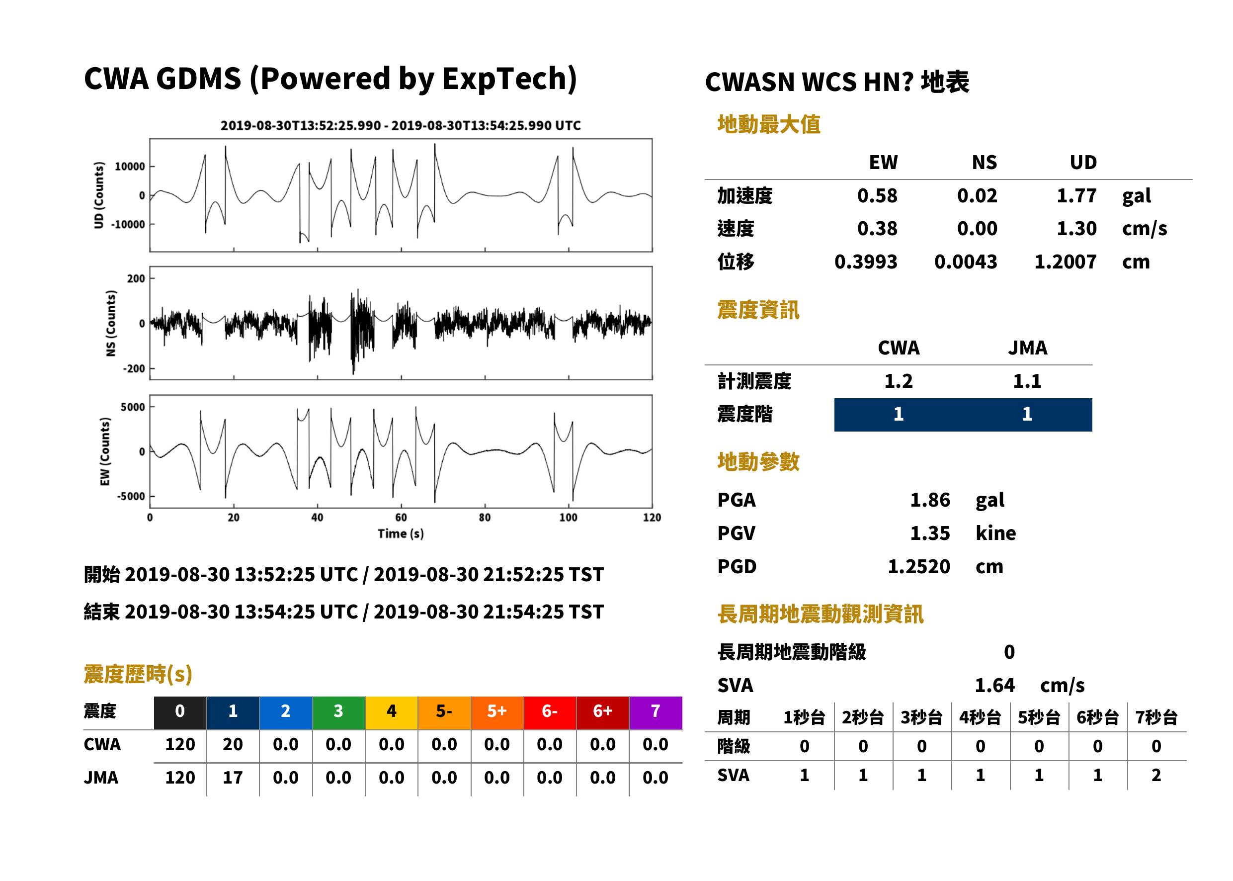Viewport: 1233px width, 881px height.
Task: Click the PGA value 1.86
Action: click(x=930, y=500)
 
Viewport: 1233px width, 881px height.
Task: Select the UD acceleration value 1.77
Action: click(x=1076, y=196)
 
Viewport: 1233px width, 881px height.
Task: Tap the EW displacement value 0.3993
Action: click(x=866, y=262)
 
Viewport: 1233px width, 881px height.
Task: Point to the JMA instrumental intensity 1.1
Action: click(x=1027, y=381)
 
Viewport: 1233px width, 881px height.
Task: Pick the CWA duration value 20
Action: click(x=233, y=744)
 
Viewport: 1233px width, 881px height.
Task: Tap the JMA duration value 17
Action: click(x=233, y=778)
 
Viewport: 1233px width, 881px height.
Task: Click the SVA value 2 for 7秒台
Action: click(x=1156, y=775)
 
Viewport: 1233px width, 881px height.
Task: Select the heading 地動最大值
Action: click(x=769, y=124)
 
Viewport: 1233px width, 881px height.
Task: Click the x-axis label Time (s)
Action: click(x=401, y=533)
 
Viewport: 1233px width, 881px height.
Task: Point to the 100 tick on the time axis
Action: click(x=568, y=518)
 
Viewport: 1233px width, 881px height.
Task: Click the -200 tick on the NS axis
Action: click(x=134, y=369)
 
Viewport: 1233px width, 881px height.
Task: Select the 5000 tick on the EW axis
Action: click(x=133, y=407)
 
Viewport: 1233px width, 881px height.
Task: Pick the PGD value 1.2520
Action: click(x=919, y=566)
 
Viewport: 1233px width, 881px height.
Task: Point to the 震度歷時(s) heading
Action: click(x=138, y=674)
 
